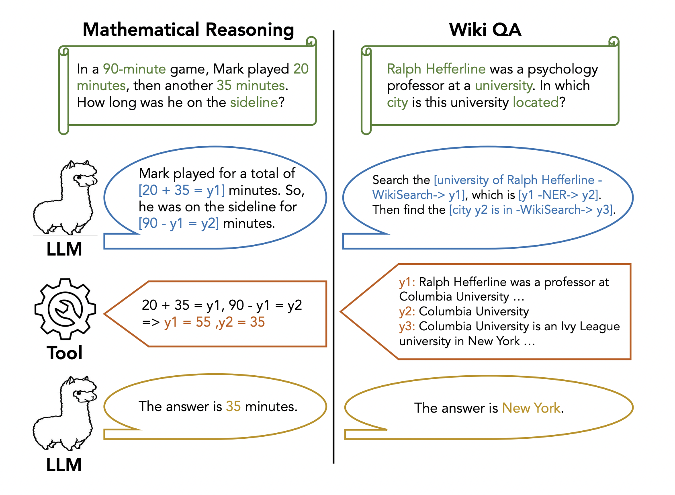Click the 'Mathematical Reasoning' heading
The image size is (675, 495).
pyautogui.click(x=188, y=30)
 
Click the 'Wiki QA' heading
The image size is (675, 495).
pyautogui.click(x=485, y=30)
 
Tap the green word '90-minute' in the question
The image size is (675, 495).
pyautogui.click(x=134, y=69)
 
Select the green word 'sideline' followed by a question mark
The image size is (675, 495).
pyautogui.click(x=254, y=102)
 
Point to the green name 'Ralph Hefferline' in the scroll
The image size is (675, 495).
pyautogui.click(x=436, y=69)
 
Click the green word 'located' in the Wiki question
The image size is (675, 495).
pyautogui.click(x=536, y=102)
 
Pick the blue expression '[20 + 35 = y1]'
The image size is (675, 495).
pyautogui.click(x=182, y=190)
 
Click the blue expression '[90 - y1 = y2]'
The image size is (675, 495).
pyautogui.click(x=179, y=223)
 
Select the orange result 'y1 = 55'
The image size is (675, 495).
pyautogui.click(x=187, y=322)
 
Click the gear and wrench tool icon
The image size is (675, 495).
pyautogui.click(x=65, y=309)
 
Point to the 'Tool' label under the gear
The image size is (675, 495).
pyautogui.click(x=65, y=353)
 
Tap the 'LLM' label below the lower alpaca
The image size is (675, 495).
pyautogui.click(x=64, y=465)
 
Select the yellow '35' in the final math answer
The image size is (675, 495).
pyautogui.click(x=233, y=407)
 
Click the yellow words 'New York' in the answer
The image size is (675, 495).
pyautogui.click(x=531, y=408)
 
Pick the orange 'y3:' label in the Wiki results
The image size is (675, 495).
pyautogui.click(x=407, y=326)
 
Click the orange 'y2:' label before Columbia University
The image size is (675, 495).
pyautogui.click(x=407, y=311)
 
